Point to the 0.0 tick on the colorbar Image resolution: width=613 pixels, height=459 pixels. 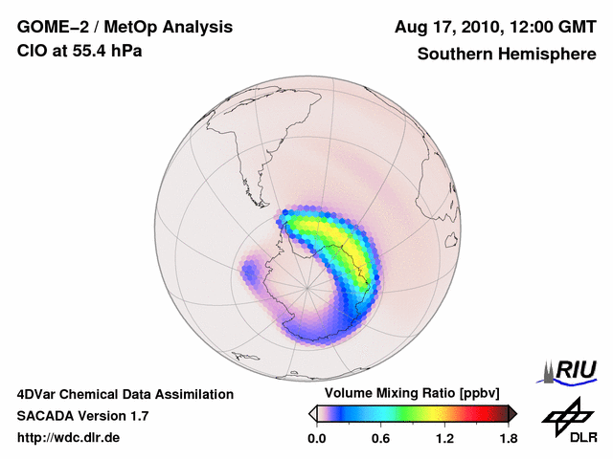coord(316,439)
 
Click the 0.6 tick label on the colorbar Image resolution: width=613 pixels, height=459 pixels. coord(380,439)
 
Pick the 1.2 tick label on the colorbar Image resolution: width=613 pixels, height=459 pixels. coord(444,439)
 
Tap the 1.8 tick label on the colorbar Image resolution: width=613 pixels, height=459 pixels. coord(509,439)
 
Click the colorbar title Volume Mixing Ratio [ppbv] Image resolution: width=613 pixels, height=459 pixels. coord(412,393)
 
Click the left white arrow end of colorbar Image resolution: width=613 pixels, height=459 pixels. coord(312,413)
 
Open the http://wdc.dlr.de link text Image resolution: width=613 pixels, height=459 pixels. coord(70,438)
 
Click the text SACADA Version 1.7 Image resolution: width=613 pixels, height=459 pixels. coord(82,416)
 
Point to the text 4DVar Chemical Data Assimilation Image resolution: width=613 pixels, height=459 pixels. coord(125,394)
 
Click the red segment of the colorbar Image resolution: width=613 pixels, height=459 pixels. coord(476,413)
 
